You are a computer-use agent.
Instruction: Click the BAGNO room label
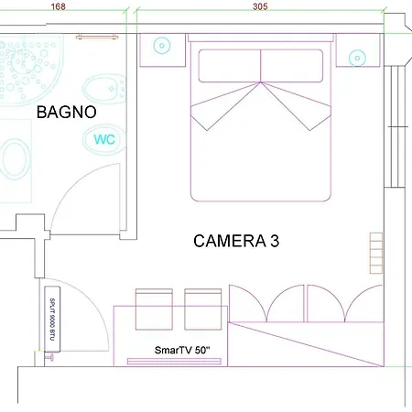[67, 112]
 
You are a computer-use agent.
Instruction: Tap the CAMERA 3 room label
[236, 241]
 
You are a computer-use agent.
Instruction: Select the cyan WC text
[104, 139]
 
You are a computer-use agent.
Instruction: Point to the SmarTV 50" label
[182, 350]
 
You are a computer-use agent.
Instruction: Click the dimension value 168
[58, 6]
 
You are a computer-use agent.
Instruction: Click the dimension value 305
[260, 6]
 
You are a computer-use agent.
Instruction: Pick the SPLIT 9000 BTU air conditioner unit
[52, 319]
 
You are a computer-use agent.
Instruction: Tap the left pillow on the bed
[230, 66]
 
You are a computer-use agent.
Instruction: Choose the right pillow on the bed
[292, 66]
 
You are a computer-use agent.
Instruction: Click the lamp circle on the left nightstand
[162, 46]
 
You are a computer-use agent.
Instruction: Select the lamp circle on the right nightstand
[357, 58]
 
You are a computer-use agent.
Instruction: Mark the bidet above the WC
[104, 89]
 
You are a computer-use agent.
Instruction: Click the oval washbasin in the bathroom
[16, 158]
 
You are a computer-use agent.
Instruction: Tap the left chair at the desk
[154, 309]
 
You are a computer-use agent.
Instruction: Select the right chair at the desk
[203, 309]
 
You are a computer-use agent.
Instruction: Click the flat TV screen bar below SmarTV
[174, 362]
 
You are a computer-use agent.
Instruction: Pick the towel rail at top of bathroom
[97, 37]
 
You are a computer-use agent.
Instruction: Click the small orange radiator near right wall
[376, 254]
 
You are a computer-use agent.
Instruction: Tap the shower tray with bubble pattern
[30, 70]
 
